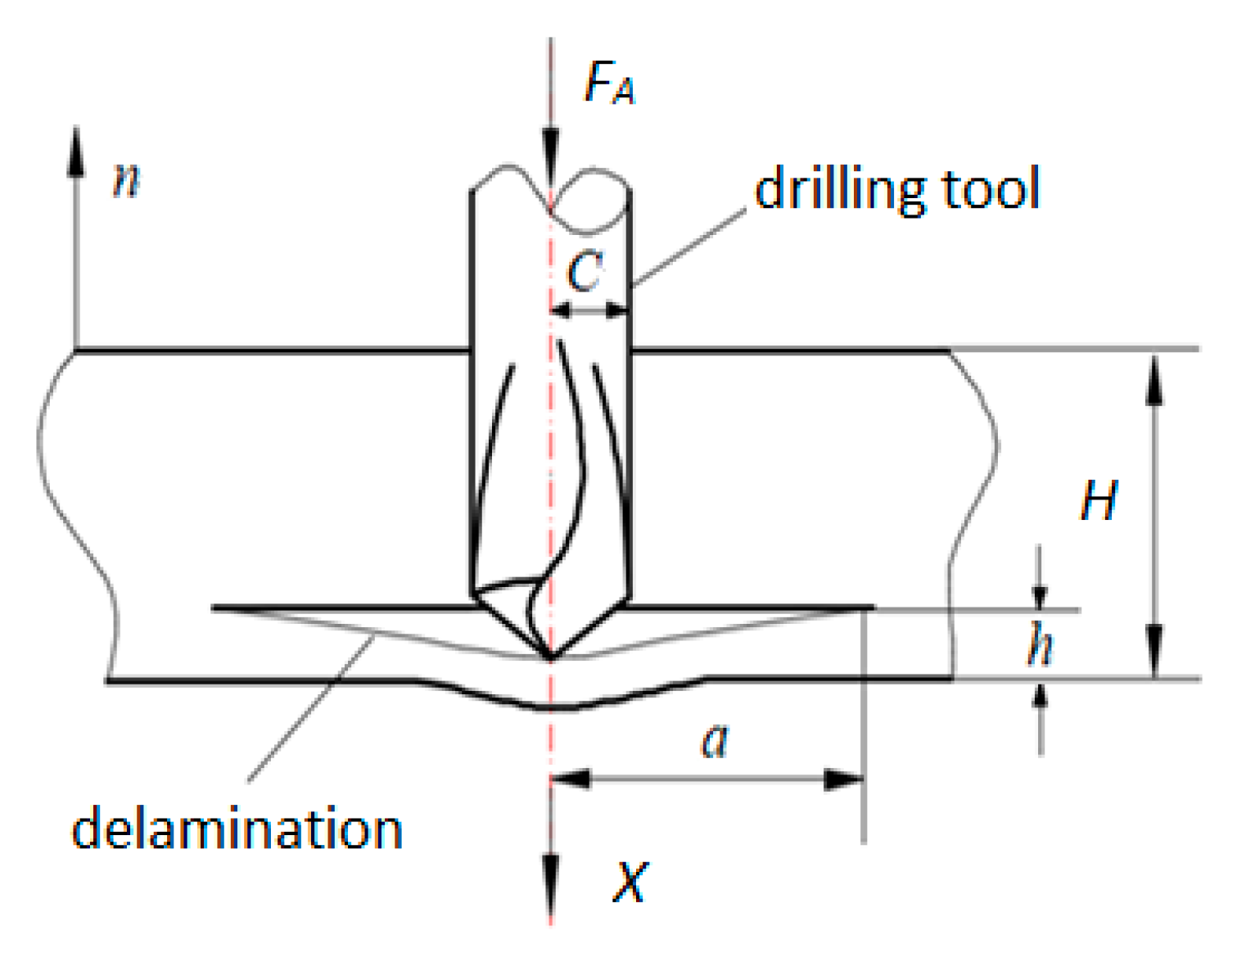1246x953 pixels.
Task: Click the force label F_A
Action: pyautogui.click(x=608, y=83)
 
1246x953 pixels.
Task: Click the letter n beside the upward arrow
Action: pyautogui.click(x=126, y=179)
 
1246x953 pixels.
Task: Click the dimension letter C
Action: pyautogui.click(x=585, y=272)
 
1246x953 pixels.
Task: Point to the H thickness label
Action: pyautogui.click(x=1098, y=500)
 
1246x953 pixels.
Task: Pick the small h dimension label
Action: pyautogui.click(x=1040, y=644)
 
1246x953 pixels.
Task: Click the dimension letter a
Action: pyautogui.click(x=715, y=741)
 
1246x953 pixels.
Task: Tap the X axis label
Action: pyautogui.click(x=630, y=882)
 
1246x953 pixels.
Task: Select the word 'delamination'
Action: pyautogui.click(x=237, y=829)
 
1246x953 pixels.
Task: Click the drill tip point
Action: pyautogui.click(x=551, y=657)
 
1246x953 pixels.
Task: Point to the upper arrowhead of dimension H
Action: pyautogui.click(x=1154, y=379)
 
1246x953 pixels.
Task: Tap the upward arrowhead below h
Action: pyautogui.click(x=1040, y=694)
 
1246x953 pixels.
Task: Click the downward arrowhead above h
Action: pyautogui.click(x=1040, y=595)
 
